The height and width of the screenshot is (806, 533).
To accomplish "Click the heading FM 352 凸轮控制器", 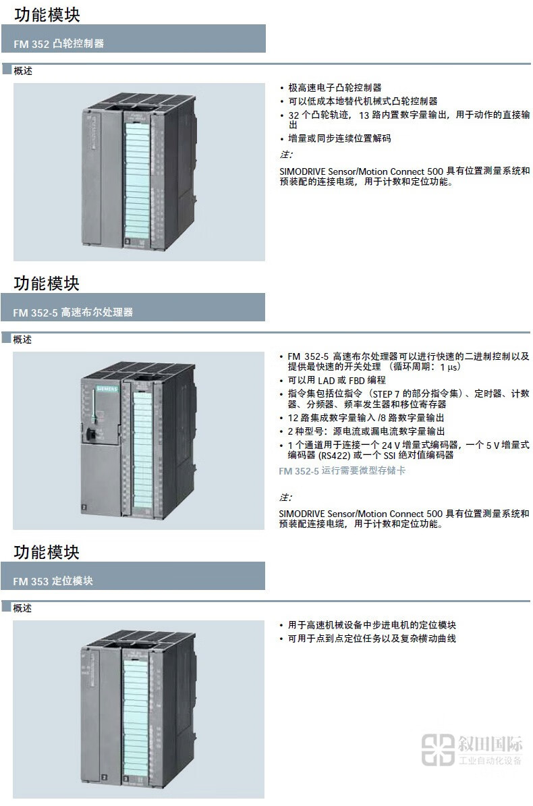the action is tap(59, 44).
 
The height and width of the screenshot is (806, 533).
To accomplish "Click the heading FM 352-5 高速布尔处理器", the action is tap(74, 313).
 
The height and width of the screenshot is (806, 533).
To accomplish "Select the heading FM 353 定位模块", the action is tap(53, 581).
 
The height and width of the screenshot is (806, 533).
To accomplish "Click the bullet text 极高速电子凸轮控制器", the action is tap(335, 88).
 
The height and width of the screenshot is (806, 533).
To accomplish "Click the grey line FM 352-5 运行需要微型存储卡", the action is tap(342, 471).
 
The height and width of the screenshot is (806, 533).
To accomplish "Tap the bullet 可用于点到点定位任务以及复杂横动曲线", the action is tap(372, 638).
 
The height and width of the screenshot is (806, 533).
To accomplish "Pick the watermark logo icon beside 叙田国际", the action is tap(438, 750).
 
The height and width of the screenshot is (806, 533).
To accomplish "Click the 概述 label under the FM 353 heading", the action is tap(22, 608).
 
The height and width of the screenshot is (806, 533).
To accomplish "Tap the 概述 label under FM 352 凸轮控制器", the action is tap(22, 71).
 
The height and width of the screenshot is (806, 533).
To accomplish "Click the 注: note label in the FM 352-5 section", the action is tap(285, 498).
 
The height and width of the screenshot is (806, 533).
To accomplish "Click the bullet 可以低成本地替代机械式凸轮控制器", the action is tap(362, 101).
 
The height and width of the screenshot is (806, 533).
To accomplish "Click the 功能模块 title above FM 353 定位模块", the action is tap(47, 552).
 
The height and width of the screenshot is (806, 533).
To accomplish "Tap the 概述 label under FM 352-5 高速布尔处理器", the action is tap(22, 340).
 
